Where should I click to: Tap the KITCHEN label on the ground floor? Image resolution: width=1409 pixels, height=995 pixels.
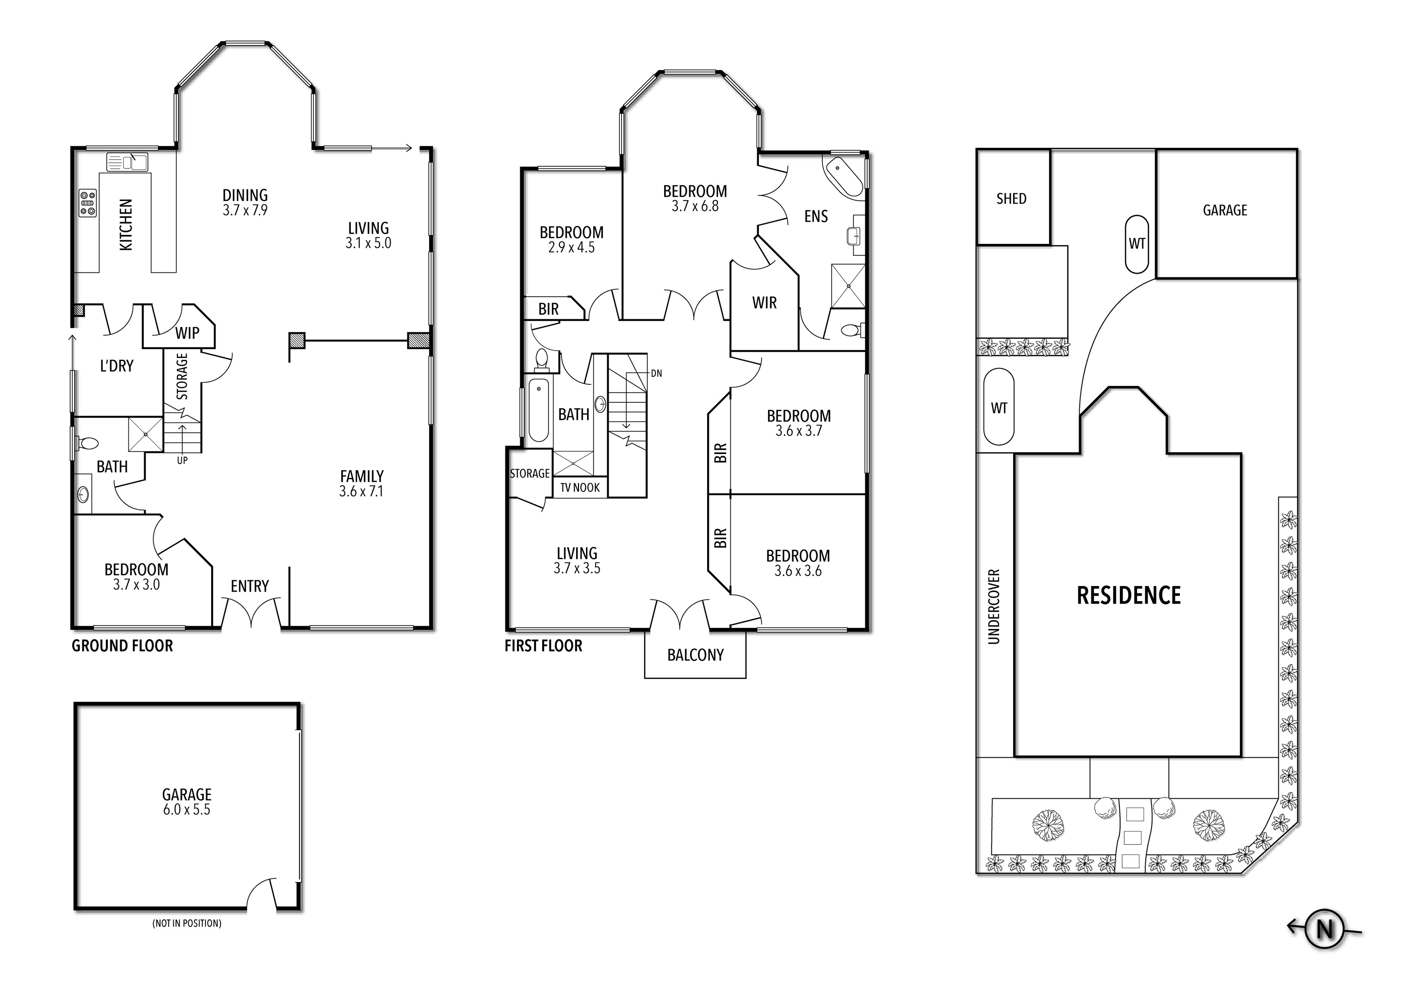coord(125,224)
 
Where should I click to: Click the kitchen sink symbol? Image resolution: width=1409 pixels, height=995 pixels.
coord(127,162)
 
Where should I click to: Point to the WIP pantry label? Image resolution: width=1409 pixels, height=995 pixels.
coord(187,333)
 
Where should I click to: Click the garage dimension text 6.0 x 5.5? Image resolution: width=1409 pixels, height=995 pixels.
coord(186,810)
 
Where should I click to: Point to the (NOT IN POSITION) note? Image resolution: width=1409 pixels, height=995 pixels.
coord(186,923)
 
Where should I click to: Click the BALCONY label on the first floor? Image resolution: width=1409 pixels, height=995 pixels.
coord(695,655)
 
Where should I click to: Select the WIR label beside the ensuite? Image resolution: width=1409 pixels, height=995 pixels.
coord(764,303)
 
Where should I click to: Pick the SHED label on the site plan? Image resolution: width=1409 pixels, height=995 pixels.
coord(1011,199)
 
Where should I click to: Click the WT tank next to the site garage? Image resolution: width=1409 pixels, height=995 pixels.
coord(1136,244)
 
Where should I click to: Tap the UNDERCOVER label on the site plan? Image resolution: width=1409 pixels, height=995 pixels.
coord(994,607)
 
